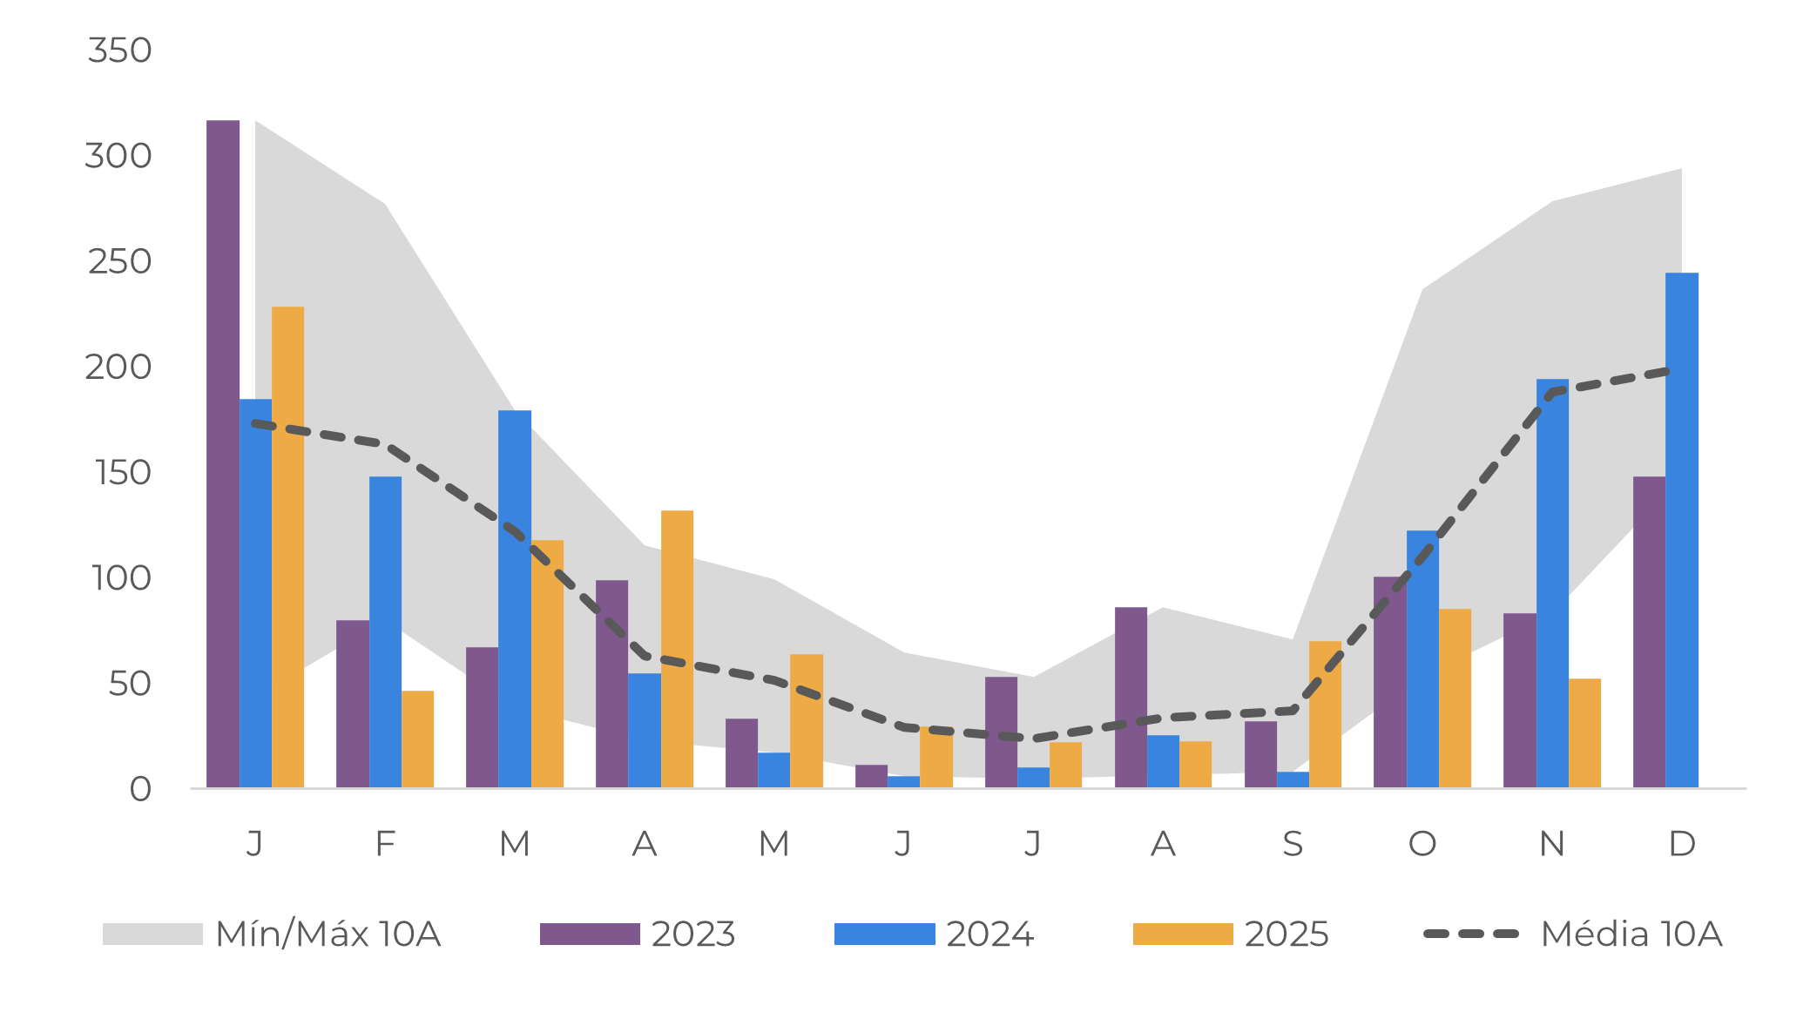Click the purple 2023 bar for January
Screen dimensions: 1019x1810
coord(223,453)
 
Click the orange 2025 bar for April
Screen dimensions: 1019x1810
coord(677,649)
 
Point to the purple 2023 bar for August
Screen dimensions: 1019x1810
coord(1131,697)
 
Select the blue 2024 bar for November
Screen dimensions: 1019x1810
coord(1552,584)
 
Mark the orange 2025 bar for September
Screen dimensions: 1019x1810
coord(1325,714)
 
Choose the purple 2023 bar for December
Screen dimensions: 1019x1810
coord(1649,631)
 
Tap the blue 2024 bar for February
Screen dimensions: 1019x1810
coord(385,631)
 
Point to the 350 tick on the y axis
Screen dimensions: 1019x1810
coord(120,51)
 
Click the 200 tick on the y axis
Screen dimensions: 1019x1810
coord(118,368)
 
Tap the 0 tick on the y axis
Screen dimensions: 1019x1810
coord(140,789)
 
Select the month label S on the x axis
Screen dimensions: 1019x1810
coord(1293,843)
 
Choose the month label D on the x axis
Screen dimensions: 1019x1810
coord(1682,843)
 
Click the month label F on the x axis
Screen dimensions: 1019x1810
coord(385,843)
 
